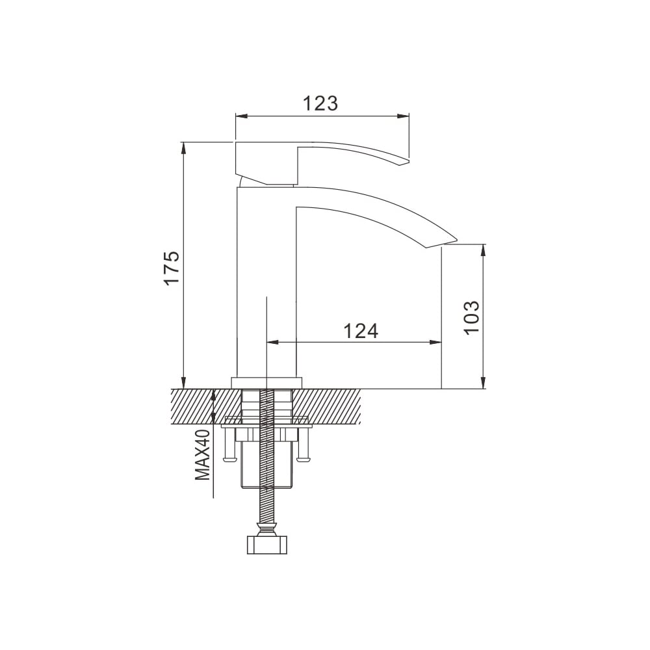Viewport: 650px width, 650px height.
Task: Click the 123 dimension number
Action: pos(320,103)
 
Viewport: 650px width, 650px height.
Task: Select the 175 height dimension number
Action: pos(172,267)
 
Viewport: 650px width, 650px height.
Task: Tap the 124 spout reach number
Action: pos(361,331)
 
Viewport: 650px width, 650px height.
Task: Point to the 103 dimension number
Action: pos(471,318)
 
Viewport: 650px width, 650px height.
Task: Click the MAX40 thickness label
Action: pos(203,455)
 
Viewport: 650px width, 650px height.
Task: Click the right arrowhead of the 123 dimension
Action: pos(403,116)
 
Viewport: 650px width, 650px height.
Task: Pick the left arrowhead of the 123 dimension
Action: pos(241,116)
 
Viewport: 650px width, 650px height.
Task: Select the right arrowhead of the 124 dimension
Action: pos(435,343)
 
